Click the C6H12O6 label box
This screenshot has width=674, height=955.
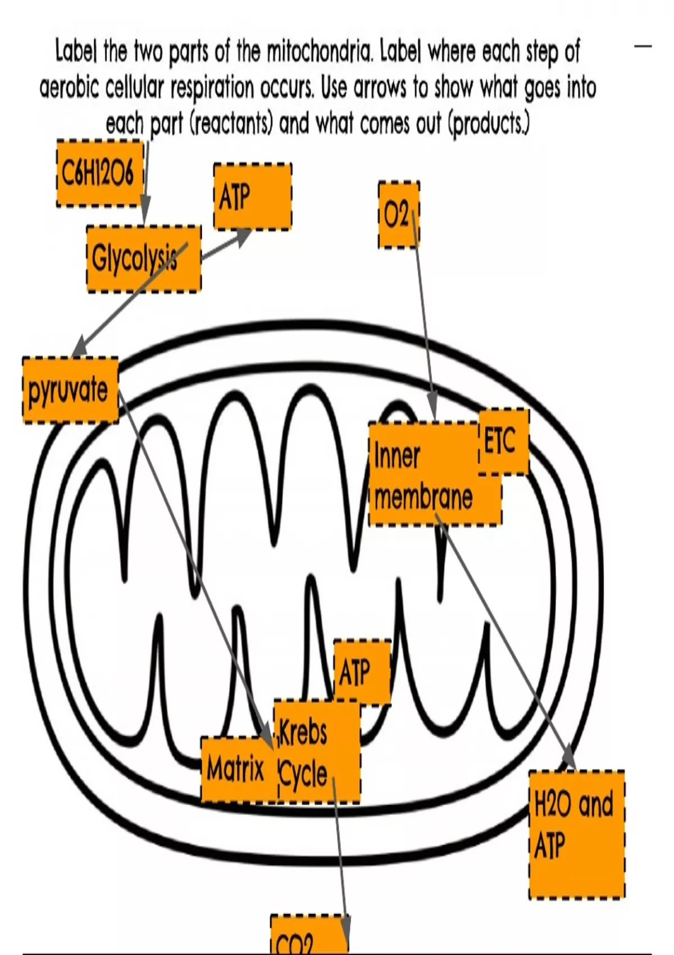tap(100, 174)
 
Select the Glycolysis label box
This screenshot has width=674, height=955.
tap(144, 259)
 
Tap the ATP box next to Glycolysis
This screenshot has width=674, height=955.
tap(252, 197)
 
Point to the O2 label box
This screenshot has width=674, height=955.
tap(398, 215)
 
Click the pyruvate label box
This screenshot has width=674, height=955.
tap(70, 390)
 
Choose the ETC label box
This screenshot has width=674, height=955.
tap(503, 442)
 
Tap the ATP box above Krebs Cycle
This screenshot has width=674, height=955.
tap(362, 672)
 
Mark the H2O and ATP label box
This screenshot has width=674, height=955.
tap(576, 835)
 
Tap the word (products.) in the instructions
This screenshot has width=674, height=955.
tap(488, 124)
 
